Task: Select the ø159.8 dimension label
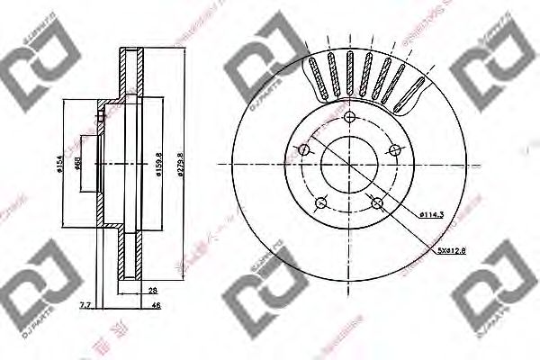click(158, 166)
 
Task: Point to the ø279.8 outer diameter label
click(182, 166)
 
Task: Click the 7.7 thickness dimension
click(85, 307)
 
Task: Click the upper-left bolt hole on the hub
click(304, 149)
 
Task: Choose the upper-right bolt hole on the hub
click(391, 150)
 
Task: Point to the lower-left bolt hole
click(320, 202)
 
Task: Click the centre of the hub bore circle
click(347, 166)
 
